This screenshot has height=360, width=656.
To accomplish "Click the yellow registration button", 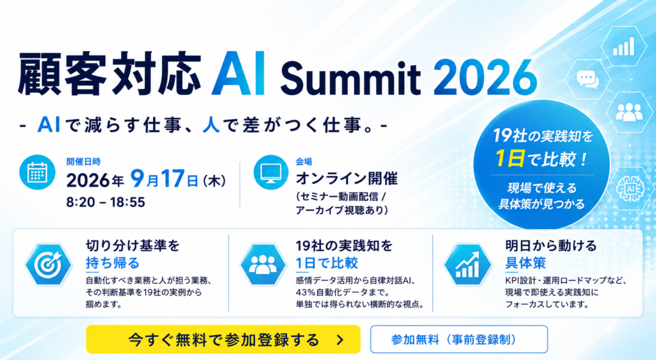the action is tap(223, 340).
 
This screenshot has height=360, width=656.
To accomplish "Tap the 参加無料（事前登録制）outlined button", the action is tap(459, 340).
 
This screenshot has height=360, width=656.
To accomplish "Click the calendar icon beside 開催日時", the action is tap(37, 172).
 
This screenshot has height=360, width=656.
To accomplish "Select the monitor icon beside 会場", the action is tap(271, 172).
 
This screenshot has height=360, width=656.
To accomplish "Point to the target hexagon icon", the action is tap(49, 265).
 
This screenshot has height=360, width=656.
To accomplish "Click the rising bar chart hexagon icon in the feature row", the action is tap(468, 265).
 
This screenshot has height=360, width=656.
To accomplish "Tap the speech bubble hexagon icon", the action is tap(587, 79).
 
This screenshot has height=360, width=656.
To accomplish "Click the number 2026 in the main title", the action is tap(485, 78).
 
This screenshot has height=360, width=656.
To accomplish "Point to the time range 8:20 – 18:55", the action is tap(106, 202).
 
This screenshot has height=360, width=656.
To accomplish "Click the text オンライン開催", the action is tap(347, 179).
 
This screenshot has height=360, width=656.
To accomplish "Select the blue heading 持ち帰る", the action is tap(113, 263).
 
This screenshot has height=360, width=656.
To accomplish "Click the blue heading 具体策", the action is tap(525, 263).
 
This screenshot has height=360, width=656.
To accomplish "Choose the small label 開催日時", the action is tap(83, 161).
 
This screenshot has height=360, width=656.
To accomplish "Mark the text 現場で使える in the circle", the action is tap(542, 188).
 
